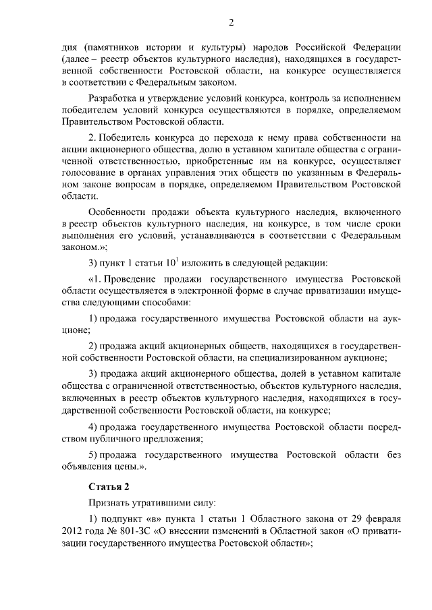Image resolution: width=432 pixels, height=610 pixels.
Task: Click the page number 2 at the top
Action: (x=231, y=24)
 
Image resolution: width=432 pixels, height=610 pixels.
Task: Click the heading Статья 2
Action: (x=105, y=487)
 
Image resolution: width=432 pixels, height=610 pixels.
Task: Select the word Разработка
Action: (x=115, y=98)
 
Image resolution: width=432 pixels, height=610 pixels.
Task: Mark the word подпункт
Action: (x=125, y=520)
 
